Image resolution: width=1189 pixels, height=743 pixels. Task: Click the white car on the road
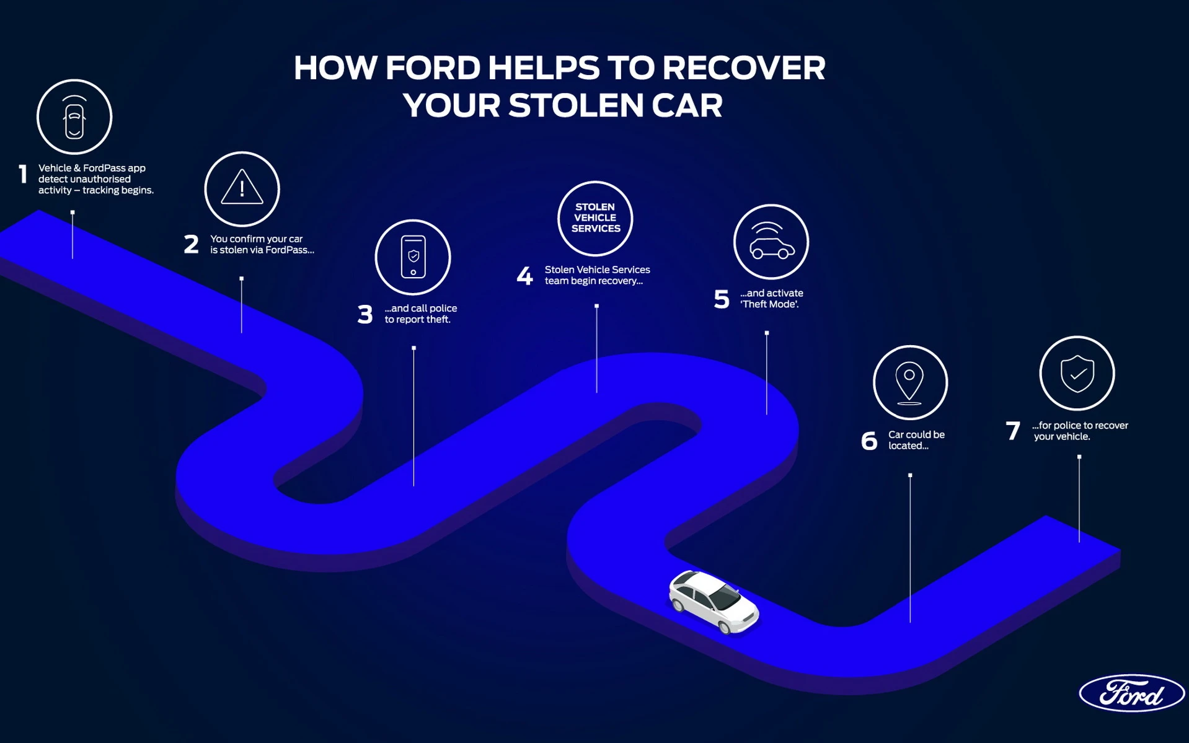pyautogui.click(x=714, y=602)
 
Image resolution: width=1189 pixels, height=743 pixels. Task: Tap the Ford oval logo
pyautogui.click(x=1131, y=693)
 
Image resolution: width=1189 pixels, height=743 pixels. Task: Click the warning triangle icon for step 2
pyautogui.click(x=242, y=188)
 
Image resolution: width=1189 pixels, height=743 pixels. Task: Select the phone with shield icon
pyautogui.click(x=413, y=257)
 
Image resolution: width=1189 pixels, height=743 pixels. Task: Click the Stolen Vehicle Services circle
pyautogui.click(x=595, y=218)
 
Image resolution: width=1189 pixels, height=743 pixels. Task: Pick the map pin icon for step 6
pyautogui.click(x=909, y=382)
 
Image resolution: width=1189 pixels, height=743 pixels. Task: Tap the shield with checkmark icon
pyautogui.click(x=1077, y=373)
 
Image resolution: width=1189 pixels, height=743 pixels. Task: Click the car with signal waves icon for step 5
pyautogui.click(x=771, y=242)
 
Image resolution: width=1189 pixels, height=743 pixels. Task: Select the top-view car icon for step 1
pyautogui.click(x=74, y=117)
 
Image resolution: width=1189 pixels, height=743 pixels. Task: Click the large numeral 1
pyautogui.click(x=24, y=174)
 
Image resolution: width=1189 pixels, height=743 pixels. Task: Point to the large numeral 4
pyautogui.click(x=524, y=276)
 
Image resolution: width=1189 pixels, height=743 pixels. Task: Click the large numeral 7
pyautogui.click(x=1013, y=431)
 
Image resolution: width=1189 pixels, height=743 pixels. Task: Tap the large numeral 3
pyautogui.click(x=365, y=314)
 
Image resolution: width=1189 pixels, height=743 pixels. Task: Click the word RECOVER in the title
pyautogui.click(x=743, y=68)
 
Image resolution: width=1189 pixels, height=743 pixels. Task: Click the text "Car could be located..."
pyautogui.click(x=916, y=440)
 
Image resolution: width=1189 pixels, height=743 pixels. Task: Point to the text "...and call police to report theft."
pyautogui.click(x=420, y=314)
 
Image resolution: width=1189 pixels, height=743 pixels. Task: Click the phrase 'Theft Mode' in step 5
pyautogui.click(x=769, y=304)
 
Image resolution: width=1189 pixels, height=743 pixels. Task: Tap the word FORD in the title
pyautogui.click(x=433, y=68)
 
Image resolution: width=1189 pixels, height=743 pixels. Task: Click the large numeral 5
pyautogui.click(x=722, y=299)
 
